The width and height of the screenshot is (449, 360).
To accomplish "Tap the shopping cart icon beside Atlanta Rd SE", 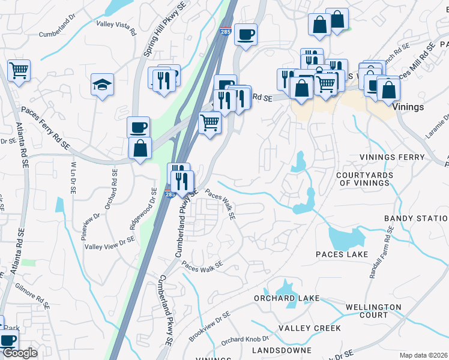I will point(19,70).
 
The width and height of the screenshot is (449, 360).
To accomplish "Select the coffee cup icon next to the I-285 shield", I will point(246,34).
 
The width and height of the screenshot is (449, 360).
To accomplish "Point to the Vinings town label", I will point(408,107).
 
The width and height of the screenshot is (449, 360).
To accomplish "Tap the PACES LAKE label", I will point(342,254).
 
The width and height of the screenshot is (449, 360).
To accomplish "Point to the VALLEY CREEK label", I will point(309,328).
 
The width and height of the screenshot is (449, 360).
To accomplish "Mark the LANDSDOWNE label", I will point(282,349).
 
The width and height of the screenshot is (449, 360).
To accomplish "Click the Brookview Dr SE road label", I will point(209,324).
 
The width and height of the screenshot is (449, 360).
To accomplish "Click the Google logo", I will point(20,353).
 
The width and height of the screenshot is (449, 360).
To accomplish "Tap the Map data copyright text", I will point(423,355).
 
